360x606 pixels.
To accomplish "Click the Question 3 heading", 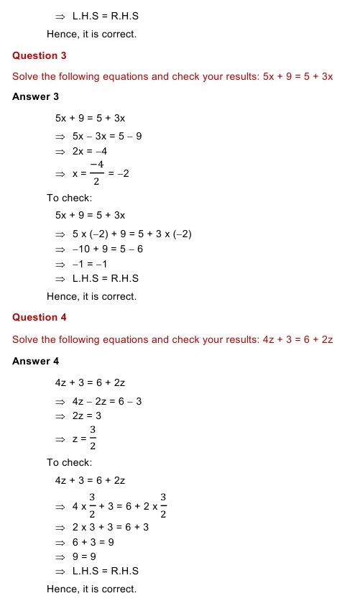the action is click(x=35, y=56).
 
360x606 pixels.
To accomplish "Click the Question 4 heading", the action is click(x=35, y=318).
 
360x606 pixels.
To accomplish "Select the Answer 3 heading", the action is click(x=36, y=97).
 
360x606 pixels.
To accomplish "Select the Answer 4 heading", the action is click(x=36, y=361).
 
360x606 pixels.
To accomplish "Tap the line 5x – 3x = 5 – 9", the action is click(x=107, y=135).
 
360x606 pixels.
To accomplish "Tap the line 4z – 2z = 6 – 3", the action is click(x=107, y=401).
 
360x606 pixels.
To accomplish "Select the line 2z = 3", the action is click(x=87, y=416).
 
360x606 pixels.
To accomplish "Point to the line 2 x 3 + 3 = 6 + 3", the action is click(x=111, y=527).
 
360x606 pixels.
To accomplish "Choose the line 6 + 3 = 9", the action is click(x=96, y=542).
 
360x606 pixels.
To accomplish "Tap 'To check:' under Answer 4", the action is click(x=70, y=463).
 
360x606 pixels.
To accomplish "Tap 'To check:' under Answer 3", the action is click(x=70, y=198).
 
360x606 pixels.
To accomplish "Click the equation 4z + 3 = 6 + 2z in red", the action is click(x=297, y=339).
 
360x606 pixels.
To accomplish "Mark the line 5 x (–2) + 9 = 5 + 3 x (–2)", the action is click(x=132, y=234).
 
